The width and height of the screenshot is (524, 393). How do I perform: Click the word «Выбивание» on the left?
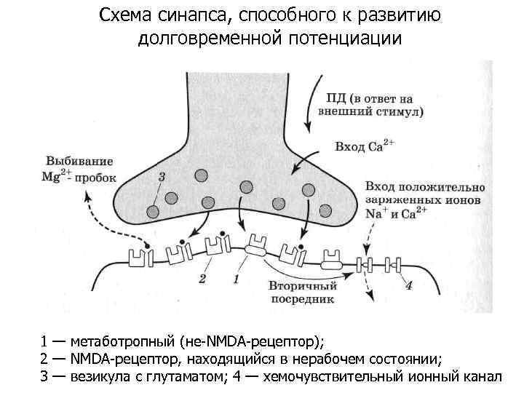click(79, 160)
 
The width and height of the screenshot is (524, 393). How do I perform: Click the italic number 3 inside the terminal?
click(161, 177)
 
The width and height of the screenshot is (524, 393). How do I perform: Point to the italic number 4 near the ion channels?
click(408, 284)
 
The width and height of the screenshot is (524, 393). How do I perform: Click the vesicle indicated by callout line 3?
click(153, 212)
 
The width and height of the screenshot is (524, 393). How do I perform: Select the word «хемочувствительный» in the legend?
click(334, 376)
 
